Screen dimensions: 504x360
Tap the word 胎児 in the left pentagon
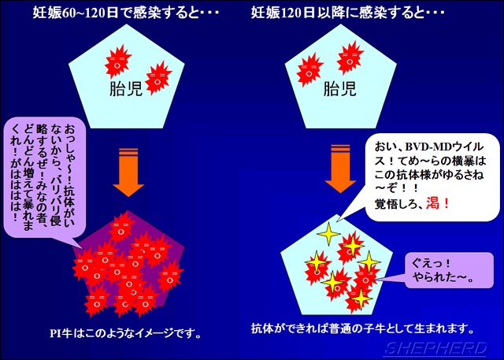pos(126,88)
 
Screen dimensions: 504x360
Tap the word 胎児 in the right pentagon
pos(339,88)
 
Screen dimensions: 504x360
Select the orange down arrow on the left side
pos(128,173)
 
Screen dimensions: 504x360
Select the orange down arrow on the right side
pos(340,169)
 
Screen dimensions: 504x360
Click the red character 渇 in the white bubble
pos(432,203)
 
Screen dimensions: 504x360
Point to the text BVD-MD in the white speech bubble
pos(426,147)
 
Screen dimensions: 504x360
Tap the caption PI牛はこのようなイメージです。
pos(126,334)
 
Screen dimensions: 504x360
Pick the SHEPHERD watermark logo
pos(436,348)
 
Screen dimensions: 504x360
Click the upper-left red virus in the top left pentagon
pos(117,61)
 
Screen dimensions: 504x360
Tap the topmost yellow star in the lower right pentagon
pos(328,234)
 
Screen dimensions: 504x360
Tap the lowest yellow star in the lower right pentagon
pos(361,298)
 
